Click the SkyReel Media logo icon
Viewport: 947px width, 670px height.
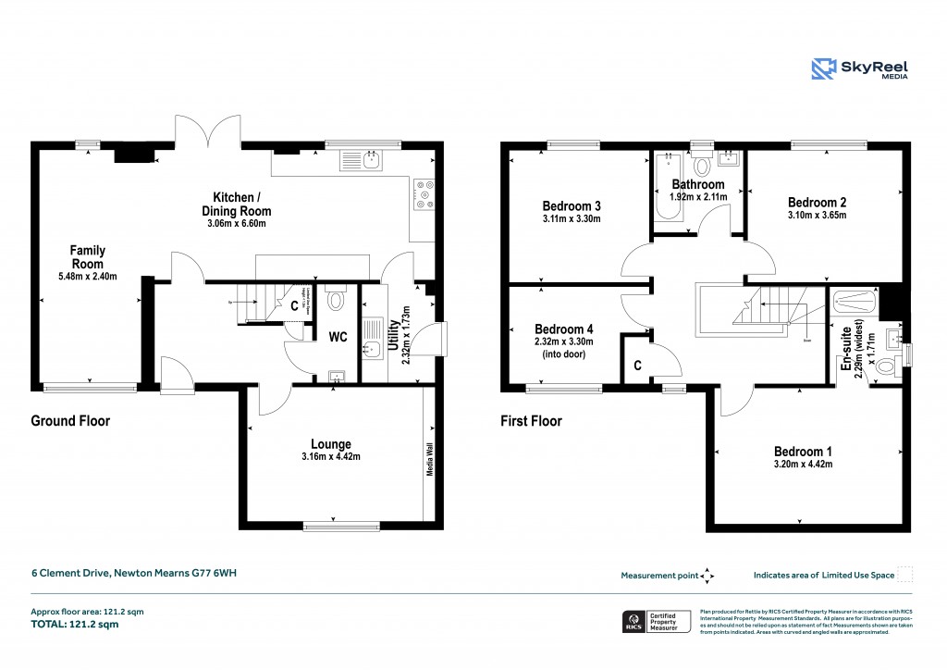click(823, 69)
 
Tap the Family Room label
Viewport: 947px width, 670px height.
click(89, 256)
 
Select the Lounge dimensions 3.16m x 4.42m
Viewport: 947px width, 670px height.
click(330, 457)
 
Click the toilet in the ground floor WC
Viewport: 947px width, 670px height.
click(336, 298)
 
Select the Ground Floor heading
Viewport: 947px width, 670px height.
click(70, 421)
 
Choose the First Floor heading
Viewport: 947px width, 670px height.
click(531, 421)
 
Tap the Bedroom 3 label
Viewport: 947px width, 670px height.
click(572, 205)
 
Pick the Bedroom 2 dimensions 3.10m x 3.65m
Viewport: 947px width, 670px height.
click(817, 216)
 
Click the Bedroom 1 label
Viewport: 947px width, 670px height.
click(803, 452)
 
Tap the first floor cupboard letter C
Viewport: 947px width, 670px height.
click(638, 365)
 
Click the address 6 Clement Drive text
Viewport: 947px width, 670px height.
click(134, 574)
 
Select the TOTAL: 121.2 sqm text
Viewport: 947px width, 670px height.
click(75, 625)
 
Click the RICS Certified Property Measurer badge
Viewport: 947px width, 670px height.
click(655, 621)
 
